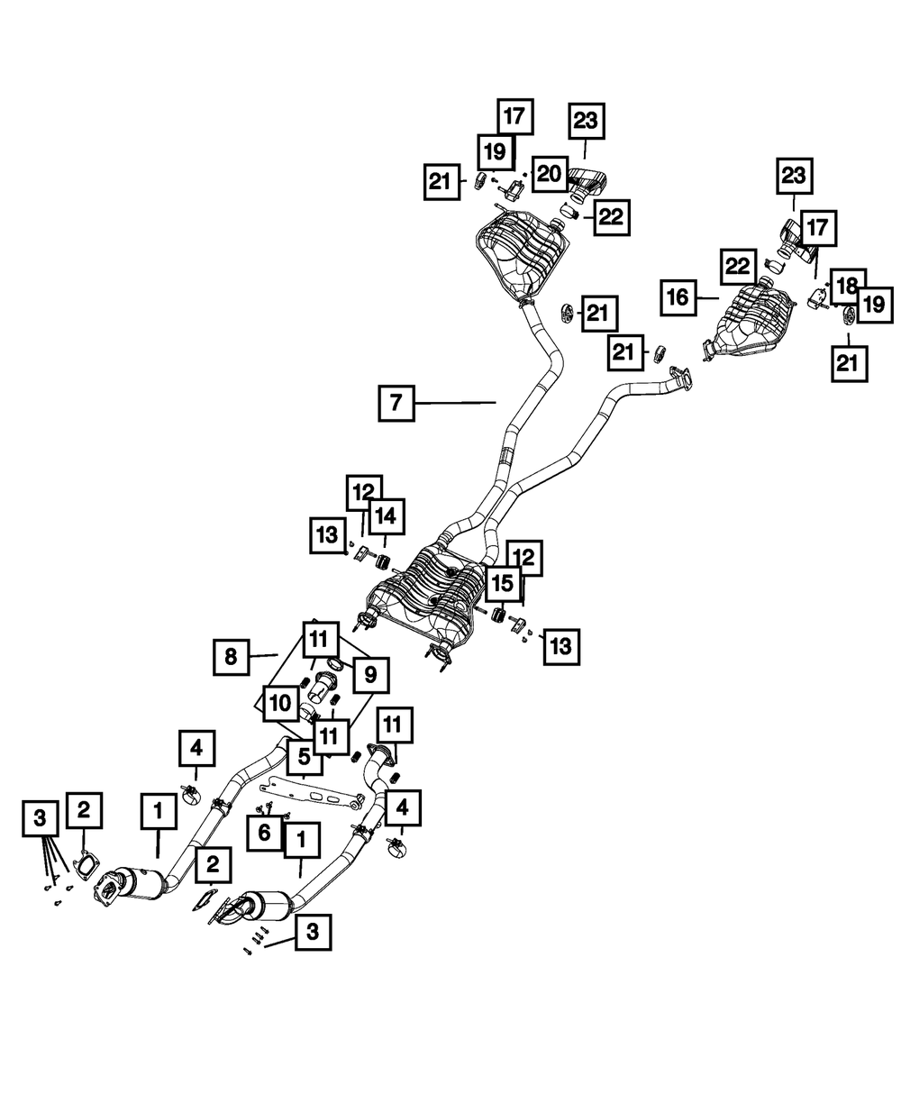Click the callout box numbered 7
pyautogui.click(x=396, y=404)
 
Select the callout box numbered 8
pyautogui.click(x=232, y=657)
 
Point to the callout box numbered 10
pyautogui.click(x=279, y=703)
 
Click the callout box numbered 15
pyautogui.click(x=502, y=584)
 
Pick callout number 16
pyautogui.click(x=681, y=296)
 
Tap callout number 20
pyautogui.click(x=549, y=175)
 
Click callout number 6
pyautogui.click(x=265, y=832)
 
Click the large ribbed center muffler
pyautogui.click(x=423, y=595)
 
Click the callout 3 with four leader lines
pyautogui.click(x=39, y=818)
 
